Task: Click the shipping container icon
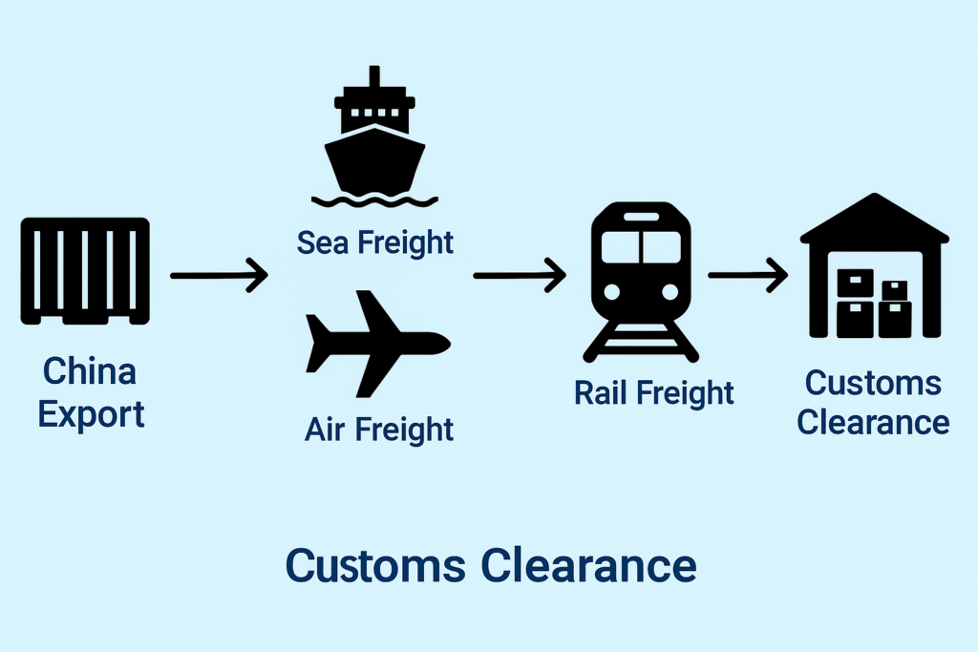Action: [85, 271]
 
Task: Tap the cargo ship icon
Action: [374, 143]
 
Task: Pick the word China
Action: [90, 371]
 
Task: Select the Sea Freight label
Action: [375, 242]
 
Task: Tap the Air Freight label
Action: [379, 430]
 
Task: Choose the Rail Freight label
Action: [654, 392]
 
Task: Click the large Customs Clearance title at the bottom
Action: [491, 565]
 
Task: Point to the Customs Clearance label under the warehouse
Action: [873, 402]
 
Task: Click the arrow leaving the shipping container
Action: [219, 275]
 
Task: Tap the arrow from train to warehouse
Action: [747, 275]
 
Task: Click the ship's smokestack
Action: [374, 79]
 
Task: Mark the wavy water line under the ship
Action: [375, 201]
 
